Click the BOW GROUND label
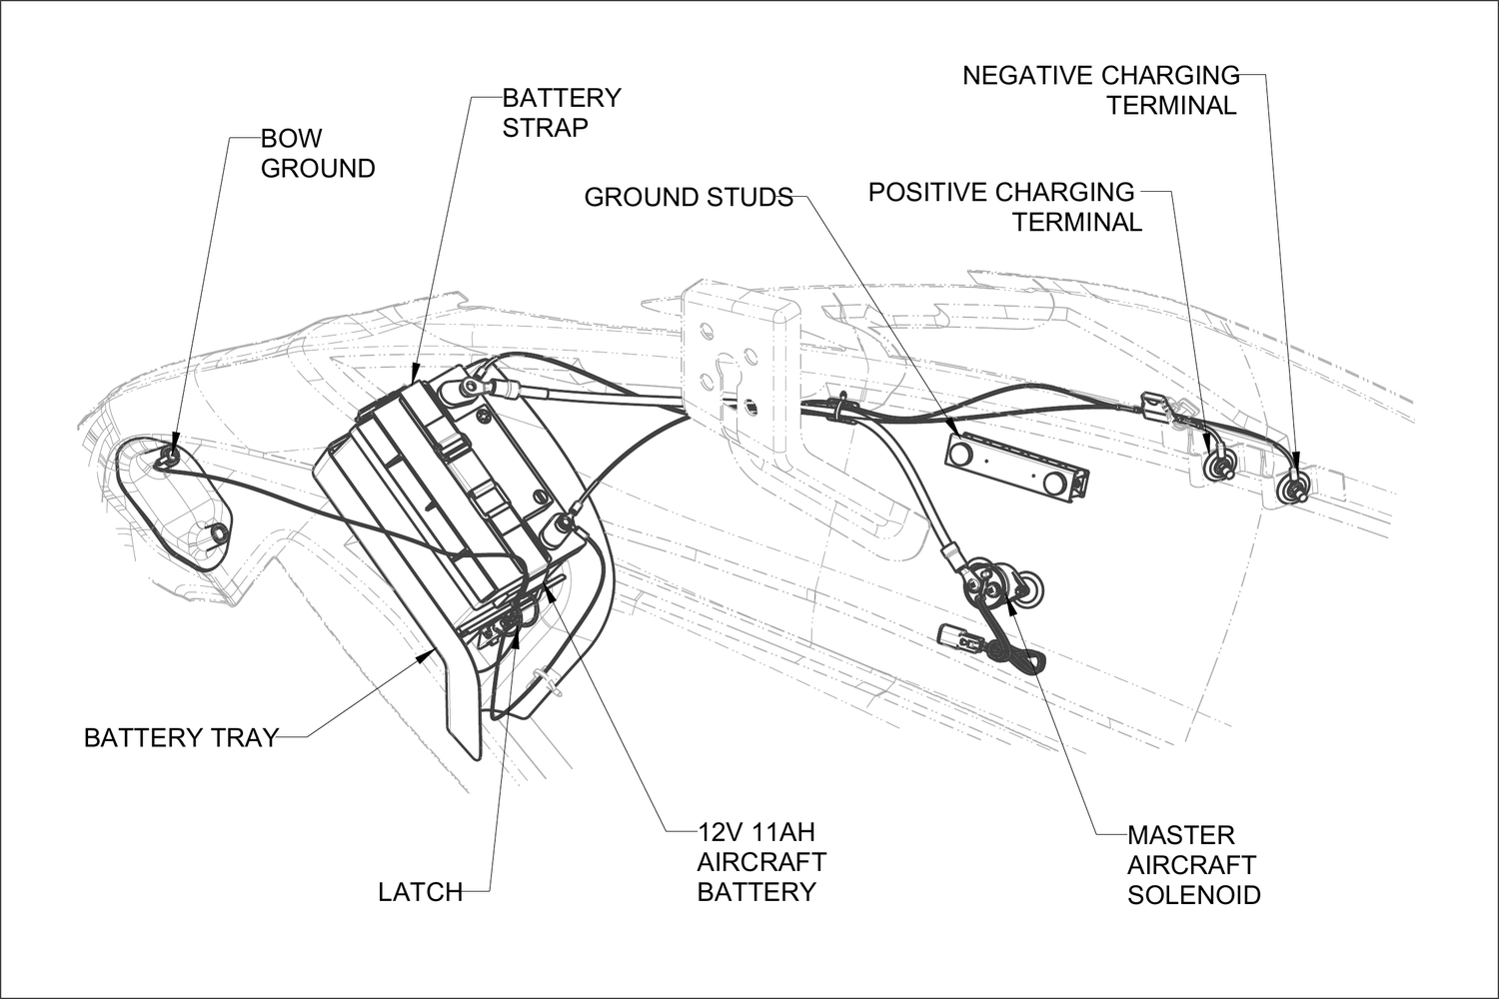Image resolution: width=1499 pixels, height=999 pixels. point(317,154)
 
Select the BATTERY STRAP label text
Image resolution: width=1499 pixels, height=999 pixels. point(561,113)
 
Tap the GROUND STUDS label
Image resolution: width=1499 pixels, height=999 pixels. point(688,198)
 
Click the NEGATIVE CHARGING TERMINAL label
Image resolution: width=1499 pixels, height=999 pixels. point(1100,91)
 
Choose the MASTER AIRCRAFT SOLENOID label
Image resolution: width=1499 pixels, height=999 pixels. point(1192,864)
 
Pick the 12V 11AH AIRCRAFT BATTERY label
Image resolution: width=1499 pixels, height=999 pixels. point(760,861)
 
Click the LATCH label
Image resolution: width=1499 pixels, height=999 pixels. point(420,892)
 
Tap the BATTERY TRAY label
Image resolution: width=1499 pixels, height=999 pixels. point(180,738)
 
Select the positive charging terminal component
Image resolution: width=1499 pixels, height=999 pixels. point(1218,468)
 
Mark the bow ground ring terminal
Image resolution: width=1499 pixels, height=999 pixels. point(169,457)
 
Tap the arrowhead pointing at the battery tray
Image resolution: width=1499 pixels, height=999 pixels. point(429,654)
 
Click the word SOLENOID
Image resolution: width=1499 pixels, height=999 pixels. point(1193,894)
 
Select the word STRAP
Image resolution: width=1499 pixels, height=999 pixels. point(545,128)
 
